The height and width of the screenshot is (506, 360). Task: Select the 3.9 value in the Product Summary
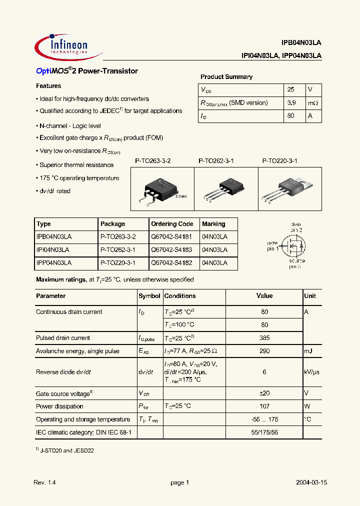click(292, 102)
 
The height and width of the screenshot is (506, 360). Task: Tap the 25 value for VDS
click(291, 89)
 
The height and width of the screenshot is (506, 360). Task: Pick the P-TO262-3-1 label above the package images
click(216, 161)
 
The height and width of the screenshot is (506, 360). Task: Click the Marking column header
click(213, 224)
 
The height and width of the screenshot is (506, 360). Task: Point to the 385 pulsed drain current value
click(264, 338)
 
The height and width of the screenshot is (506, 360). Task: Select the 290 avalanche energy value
click(264, 351)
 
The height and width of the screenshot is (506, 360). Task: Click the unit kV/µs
click(312, 372)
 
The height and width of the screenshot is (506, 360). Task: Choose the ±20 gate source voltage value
click(264, 393)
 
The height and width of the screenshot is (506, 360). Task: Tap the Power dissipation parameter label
click(59, 406)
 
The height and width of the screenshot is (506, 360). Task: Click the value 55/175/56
click(264, 432)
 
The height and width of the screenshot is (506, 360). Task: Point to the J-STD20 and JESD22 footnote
click(66, 450)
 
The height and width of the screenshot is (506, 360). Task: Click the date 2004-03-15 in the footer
click(310, 482)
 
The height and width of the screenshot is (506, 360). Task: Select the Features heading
click(48, 86)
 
